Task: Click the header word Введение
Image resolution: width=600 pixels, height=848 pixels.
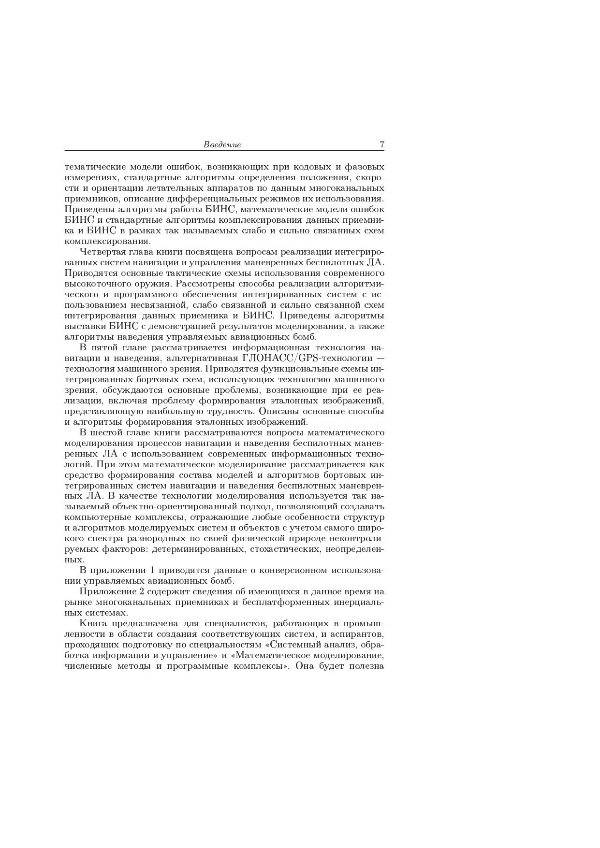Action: (x=222, y=144)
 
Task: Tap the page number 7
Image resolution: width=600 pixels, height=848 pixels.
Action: (x=382, y=144)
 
